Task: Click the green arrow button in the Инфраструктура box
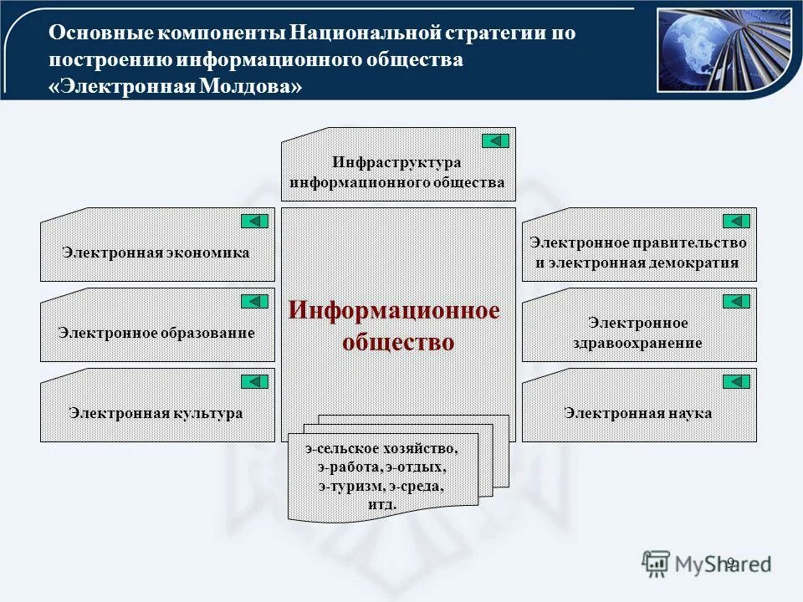[495, 140]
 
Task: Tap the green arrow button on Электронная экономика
[254, 221]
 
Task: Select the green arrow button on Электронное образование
[254, 301]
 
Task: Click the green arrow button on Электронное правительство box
[736, 221]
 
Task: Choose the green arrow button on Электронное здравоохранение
[736, 301]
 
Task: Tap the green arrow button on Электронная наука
[736, 381]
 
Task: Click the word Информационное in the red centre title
[394, 311]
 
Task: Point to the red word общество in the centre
[398, 341]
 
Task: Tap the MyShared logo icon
[657, 562]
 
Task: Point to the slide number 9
[729, 562]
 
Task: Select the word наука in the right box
[690, 413]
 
